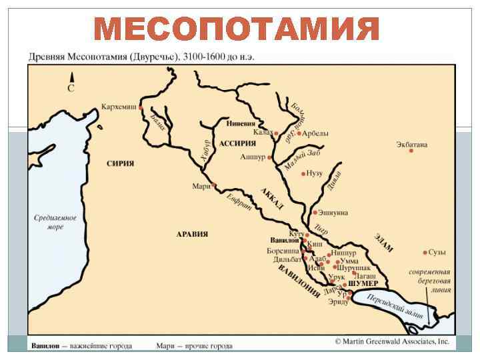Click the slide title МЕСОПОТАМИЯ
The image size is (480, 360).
[237, 29]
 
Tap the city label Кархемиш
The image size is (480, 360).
[119, 107]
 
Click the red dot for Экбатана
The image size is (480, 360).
[411, 151]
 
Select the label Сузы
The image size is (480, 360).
[438, 253]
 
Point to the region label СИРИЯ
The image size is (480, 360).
[121, 163]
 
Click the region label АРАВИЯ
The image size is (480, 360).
[192, 234]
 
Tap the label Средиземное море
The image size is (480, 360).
[55, 223]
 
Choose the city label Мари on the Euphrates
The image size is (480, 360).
[201, 186]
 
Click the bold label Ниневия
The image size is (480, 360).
[241, 123]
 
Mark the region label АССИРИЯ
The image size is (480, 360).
[238, 143]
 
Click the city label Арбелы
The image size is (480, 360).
[315, 133]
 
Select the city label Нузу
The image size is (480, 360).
[315, 173]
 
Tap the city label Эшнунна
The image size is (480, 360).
[333, 213]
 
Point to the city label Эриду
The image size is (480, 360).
[338, 302]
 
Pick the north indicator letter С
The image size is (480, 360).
[71, 87]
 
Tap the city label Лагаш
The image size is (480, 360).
[365, 275]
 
